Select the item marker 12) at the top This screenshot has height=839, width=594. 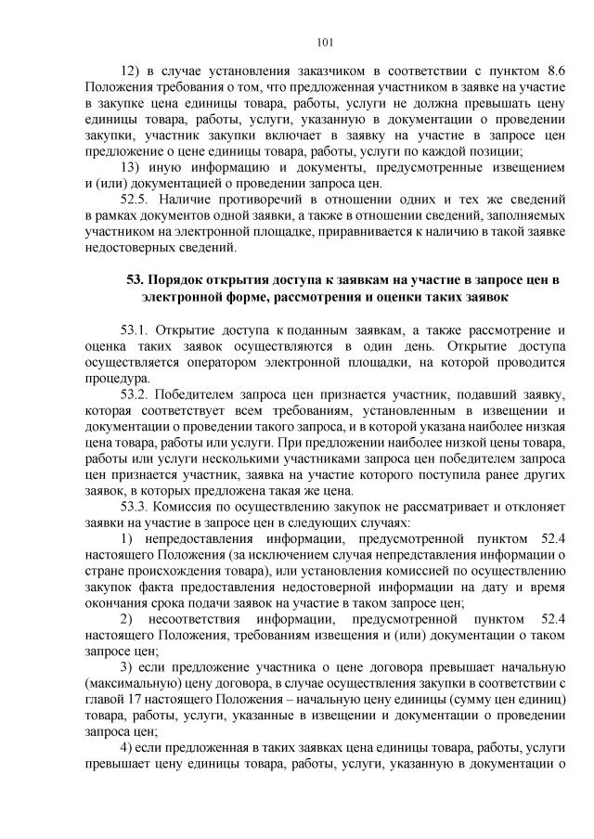coord(130,71)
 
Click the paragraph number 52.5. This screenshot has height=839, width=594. coord(136,200)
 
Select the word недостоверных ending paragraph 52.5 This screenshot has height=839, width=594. coord(122,248)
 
